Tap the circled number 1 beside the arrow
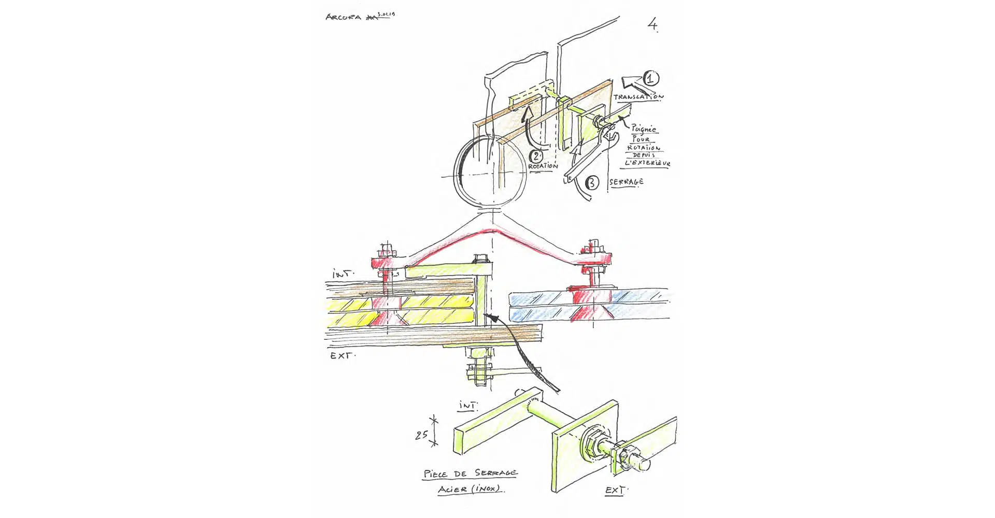point(651,79)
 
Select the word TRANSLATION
point(638,97)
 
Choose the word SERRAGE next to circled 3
point(627,182)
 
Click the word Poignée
point(644,129)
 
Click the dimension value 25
point(421,435)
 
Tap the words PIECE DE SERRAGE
point(470,473)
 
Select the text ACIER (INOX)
point(470,488)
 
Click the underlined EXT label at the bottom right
point(616,490)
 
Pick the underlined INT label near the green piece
point(469,406)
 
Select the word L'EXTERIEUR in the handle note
point(648,163)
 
